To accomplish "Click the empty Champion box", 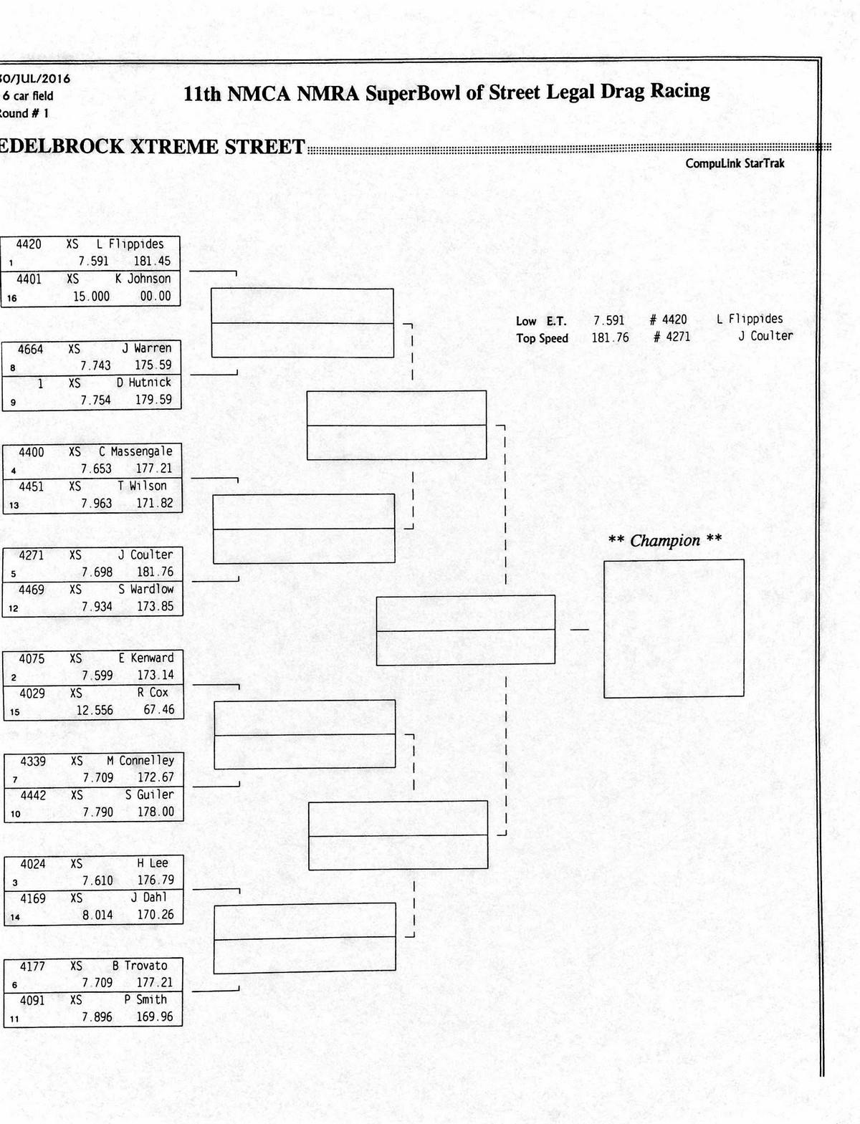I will click(674, 628).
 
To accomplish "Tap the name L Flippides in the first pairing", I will click(130, 244).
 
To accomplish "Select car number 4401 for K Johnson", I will click(29, 279).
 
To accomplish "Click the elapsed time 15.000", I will click(91, 296).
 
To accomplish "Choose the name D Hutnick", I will click(144, 383).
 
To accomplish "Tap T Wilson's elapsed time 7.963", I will click(96, 503).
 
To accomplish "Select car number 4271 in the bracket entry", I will click(32, 555).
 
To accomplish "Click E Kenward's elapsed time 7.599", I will click(97, 675).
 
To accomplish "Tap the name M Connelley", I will click(140, 760).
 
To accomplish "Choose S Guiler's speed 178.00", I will click(156, 812).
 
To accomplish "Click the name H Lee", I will click(152, 864).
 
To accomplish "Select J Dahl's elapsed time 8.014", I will click(97, 915).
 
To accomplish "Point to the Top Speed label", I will click(542, 338).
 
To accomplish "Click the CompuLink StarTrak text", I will click(735, 163).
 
